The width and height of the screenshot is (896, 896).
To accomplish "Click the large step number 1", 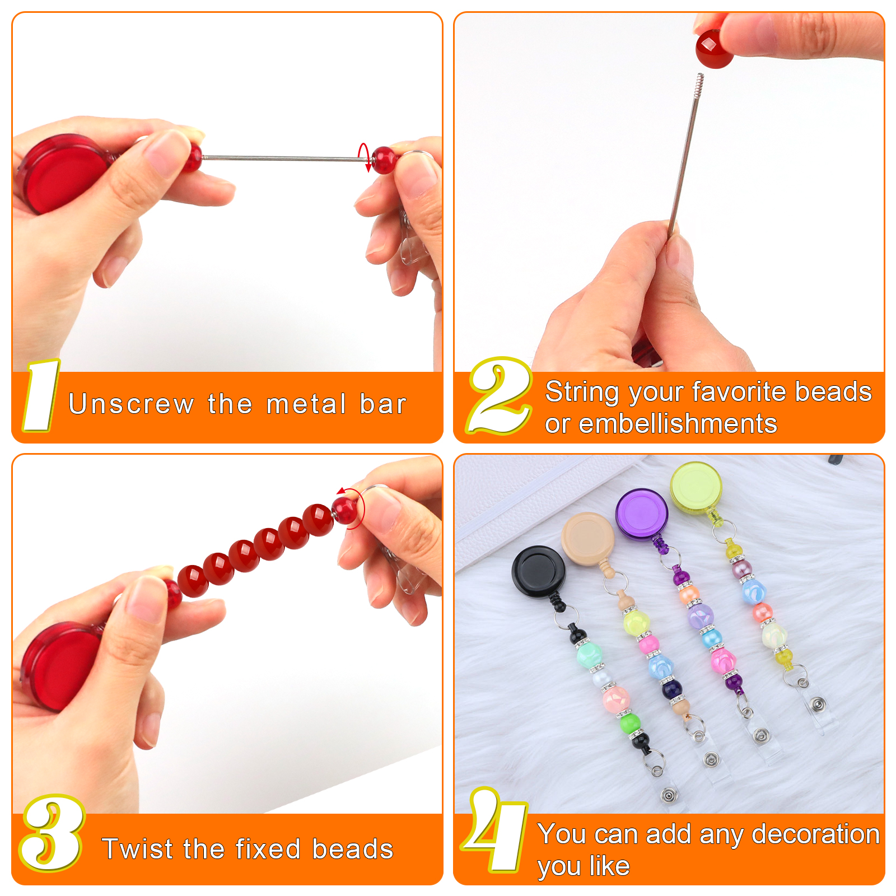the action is pyautogui.click(x=41, y=396).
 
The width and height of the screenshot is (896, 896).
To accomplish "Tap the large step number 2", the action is pyautogui.click(x=500, y=395).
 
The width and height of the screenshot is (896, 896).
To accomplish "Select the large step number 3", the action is pyautogui.click(x=52, y=833).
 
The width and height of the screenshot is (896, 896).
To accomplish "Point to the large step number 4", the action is pyautogui.click(x=495, y=830).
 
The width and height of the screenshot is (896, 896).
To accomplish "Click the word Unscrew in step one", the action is pyautogui.click(x=131, y=404).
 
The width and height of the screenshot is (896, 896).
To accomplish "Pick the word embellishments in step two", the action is pyautogui.click(x=678, y=423).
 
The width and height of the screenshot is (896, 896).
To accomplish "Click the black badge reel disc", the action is pyautogui.click(x=538, y=572).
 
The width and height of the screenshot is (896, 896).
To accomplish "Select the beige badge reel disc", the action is pyautogui.click(x=588, y=538).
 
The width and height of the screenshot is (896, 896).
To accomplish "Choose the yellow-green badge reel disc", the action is pyautogui.click(x=696, y=486).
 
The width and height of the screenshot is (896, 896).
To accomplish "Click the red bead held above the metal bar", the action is pyautogui.click(x=715, y=48).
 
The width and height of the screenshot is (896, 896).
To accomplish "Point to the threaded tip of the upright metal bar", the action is pyautogui.click(x=698, y=85).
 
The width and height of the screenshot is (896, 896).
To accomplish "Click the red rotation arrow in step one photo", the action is pyautogui.click(x=364, y=157).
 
